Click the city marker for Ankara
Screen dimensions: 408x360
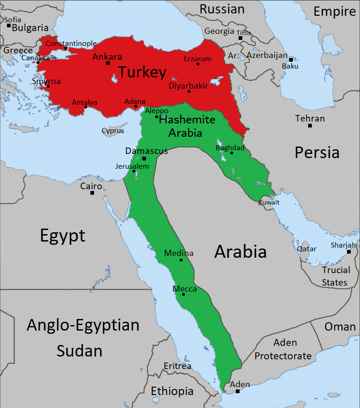pos(108,63)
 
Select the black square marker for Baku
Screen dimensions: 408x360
pos(291,60)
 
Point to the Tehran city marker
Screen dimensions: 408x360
pos(310,126)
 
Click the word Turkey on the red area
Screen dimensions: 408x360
pos(141,72)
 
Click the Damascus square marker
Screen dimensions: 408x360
pos(144,159)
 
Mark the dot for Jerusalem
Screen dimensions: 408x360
pos(134,171)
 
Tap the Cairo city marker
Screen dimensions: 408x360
pos(92,193)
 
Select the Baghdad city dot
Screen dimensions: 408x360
pos(232,153)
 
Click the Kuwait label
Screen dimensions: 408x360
pos(269,202)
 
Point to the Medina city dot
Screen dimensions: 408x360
pos(181,260)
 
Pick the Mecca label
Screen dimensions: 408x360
pos(184,289)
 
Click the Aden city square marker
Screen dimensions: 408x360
pos(238,391)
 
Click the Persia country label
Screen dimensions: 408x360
pos(317,152)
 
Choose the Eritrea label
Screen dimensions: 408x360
pos(177,366)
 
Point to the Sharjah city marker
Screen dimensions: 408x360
pos(349,252)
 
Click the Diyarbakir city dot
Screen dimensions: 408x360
pos(189,91)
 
